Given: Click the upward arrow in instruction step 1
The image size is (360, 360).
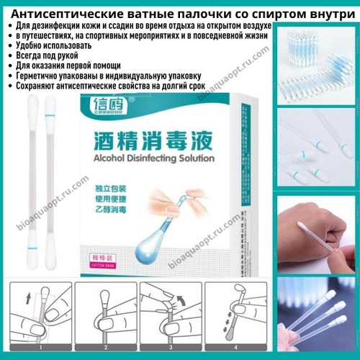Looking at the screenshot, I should (x=28, y=297).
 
